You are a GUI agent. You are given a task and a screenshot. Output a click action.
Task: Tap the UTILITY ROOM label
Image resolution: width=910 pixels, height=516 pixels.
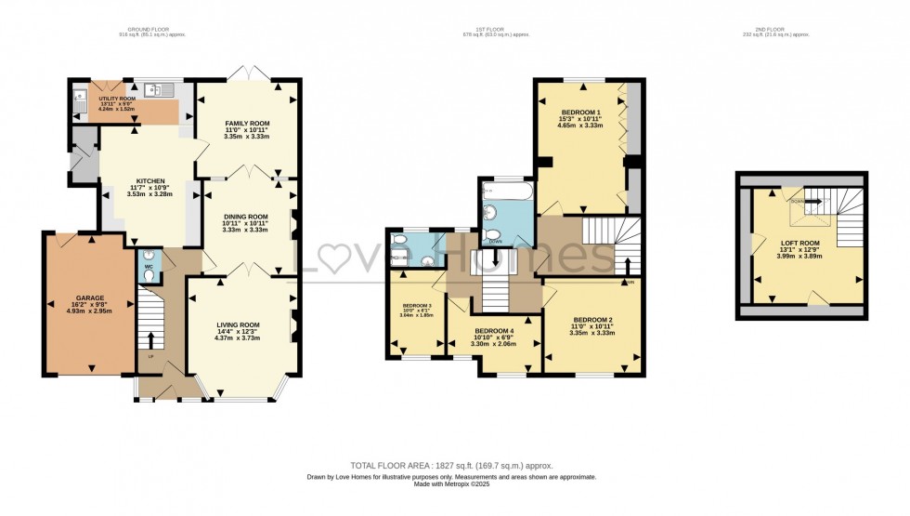tap(117, 97)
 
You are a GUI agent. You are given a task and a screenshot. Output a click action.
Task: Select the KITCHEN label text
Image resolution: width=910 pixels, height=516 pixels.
tap(150, 180)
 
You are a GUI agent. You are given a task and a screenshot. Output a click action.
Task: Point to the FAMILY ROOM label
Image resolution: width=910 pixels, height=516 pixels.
tap(247, 123)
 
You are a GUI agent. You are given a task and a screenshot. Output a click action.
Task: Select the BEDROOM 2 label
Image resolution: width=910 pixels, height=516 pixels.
tap(591, 320)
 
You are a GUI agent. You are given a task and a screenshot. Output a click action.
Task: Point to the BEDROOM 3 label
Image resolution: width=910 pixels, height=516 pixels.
tap(418, 306)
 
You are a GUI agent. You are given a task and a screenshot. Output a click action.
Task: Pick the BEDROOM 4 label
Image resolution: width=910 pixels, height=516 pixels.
tap(493, 331)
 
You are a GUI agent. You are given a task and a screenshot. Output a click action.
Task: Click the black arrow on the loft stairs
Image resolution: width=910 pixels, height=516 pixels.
tap(813, 199)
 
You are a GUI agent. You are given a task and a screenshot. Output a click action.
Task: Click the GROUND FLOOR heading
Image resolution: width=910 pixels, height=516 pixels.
tap(152, 29)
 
